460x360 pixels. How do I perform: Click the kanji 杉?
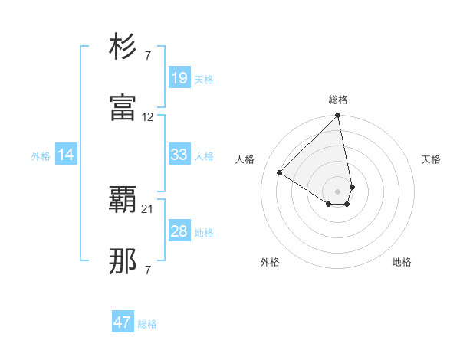click(x=123, y=48)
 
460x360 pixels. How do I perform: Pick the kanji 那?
click(x=123, y=261)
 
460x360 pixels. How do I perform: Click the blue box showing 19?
click(x=179, y=78)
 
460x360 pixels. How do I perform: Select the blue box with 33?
click(x=179, y=155)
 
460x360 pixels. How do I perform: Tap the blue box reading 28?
click(x=179, y=231)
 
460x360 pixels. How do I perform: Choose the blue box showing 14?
click(x=66, y=155)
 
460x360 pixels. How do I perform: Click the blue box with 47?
click(x=123, y=322)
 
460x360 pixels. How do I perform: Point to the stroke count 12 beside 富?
click(x=148, y=117)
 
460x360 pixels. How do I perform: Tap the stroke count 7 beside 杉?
click(x=148, y=57)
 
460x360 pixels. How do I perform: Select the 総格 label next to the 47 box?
click(x=147, y=324)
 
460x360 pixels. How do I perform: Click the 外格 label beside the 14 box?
click(x=41, y=156)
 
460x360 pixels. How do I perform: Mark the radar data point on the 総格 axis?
click(x=337, y=116)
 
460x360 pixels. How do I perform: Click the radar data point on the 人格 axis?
click(x=280, y=173)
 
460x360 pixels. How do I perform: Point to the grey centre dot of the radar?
click(x=337, y=191)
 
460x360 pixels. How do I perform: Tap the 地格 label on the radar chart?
click(x=402, y=263)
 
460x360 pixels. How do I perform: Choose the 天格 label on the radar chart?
click(x=431, y=159)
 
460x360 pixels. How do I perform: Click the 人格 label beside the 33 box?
click(x=204, y=156)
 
